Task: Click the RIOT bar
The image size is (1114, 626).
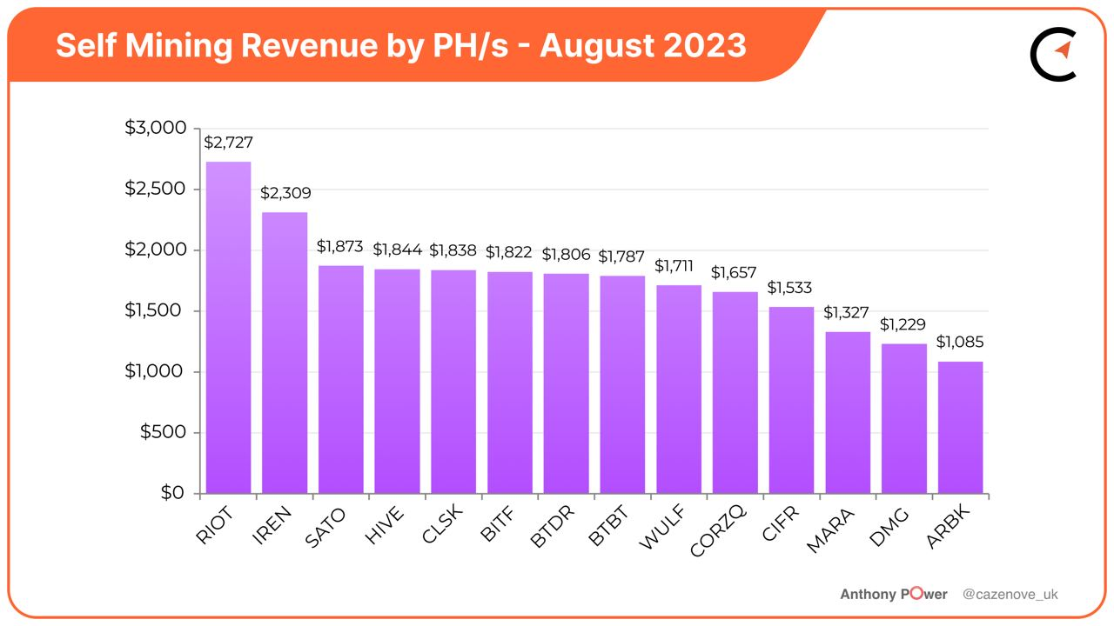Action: click(x=228, y=328)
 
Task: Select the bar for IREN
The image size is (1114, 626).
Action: click(x=285, y=353)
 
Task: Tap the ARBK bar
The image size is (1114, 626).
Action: click(x=960, y=428)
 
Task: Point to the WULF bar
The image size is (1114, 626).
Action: click(x=679, y=390)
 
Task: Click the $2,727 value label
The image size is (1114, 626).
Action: click(x=228, y=143)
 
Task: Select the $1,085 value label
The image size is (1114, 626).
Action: click(x=960, y=343)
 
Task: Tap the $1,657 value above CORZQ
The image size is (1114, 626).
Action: click(x=735, y=273)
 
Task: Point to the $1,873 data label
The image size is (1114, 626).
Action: click(x=340, y=247)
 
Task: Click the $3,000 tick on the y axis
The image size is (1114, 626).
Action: click(x=156, y=129)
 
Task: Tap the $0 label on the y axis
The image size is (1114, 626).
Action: click(x=172, y=493)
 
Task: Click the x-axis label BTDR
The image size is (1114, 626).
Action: click(x=550, y=529)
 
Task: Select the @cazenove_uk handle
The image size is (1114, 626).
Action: click(x=1010, y=595)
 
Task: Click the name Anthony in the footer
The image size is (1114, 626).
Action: click(x=868, y=595)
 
